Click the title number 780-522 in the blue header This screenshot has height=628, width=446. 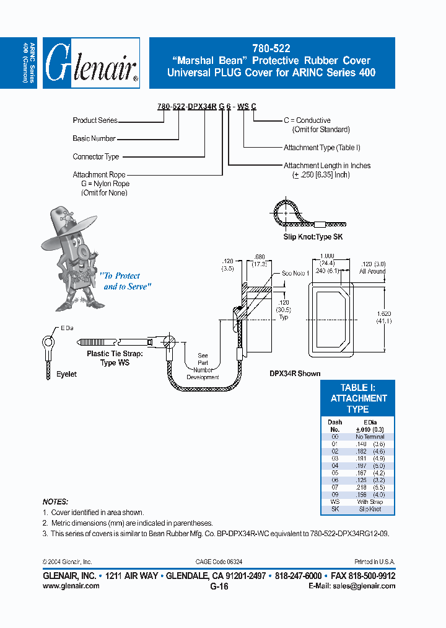pos(271,48)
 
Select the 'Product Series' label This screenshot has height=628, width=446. pos(95,120)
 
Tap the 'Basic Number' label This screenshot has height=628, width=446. pos(94,138)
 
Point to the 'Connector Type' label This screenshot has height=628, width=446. pos(95,157)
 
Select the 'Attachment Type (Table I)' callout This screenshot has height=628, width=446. pos(321,148)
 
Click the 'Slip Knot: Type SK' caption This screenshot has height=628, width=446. pos(313,237)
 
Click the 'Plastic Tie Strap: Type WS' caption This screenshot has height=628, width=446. pos(115,359)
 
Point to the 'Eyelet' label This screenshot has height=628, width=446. pos(66,374)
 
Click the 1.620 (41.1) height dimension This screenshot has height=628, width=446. pos(385,317)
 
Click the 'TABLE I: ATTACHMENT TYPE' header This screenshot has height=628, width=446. pos(358,398)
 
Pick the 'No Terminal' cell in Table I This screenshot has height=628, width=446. pos(370,437)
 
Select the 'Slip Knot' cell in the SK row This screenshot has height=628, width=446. pos(370,509)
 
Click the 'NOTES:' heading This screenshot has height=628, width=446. pos(55,501)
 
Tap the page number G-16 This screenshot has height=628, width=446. pos(219,586)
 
